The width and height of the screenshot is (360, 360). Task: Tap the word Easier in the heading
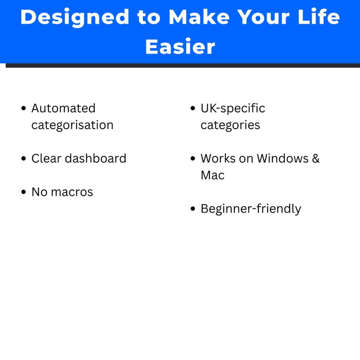pyautogui.click(x=180, y=46)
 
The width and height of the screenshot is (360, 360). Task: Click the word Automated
pyautogui.click(x=63, y=108)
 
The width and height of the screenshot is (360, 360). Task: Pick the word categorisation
pyautogui.click(x=72, y=125)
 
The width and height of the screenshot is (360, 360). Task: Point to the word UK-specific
pyautogui.click(x=233, y=109)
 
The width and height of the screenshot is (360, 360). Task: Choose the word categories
pyautogui.click(x=230, y=125)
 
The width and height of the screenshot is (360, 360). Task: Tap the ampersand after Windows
pyautogui.click(x=316, y=158)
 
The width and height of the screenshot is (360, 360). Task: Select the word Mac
pyautogui.click(x=212, y=175)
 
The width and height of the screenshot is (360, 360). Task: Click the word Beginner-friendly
pyautogui.click(x=251, y=209)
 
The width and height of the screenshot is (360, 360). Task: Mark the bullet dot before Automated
pyautogui.click(x=24, y=108)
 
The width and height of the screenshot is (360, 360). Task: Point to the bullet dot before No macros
pyautogui.click(x=24, y=192)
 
